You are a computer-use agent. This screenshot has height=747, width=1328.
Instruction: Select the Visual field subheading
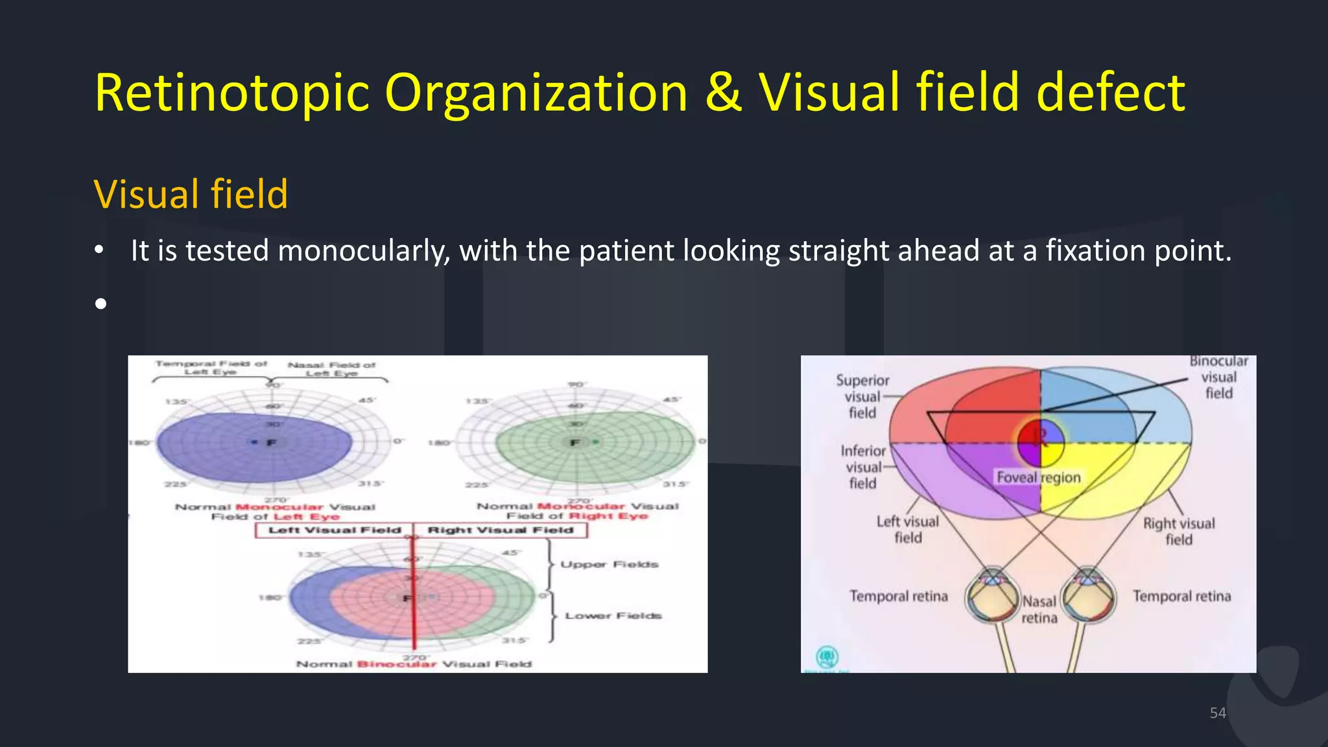coord(191,194)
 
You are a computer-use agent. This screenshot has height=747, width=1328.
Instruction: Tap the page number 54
coord(1218,713)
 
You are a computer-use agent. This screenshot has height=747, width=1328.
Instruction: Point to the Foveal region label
coord(1038,477)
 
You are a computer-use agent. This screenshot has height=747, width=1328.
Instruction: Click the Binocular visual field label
coord(1218,377)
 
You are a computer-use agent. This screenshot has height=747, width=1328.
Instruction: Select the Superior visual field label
coord(862,397)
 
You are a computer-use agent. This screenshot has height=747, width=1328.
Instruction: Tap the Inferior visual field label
coord(863,467)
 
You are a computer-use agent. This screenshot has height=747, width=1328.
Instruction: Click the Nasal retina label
coord(1039,610)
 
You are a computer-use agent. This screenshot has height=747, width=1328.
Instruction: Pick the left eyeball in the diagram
coord(991,595)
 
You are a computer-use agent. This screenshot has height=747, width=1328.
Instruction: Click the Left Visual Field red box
coord(335,530)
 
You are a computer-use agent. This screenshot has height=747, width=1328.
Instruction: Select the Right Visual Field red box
coord(500,530)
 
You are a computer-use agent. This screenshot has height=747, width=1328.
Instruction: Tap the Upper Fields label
coord(609,565)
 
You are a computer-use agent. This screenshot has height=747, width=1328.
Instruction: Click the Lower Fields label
coord(613,616)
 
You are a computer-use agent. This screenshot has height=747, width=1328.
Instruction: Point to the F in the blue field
coord(272,443)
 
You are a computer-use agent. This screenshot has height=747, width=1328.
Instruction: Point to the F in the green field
coord(575,443)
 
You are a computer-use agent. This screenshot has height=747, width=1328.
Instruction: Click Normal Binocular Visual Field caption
coord(414,664)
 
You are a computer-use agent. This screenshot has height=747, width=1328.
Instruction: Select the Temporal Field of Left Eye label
coord(210,368)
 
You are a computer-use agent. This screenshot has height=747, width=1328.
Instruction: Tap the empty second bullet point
coord(101,303)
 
